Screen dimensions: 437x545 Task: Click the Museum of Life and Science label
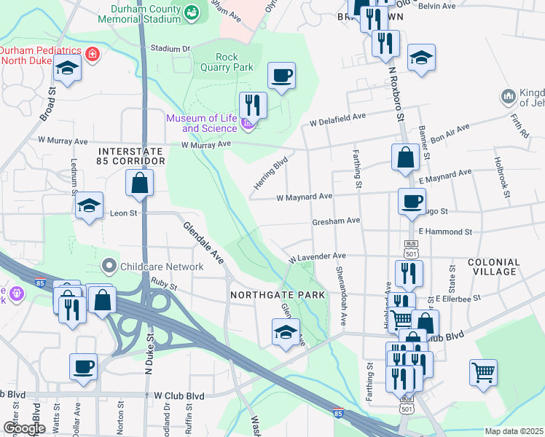click(x=202, y=123)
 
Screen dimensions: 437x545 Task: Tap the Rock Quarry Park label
click(x=234, y=62)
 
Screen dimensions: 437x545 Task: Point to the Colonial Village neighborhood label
click(x=494, y=267)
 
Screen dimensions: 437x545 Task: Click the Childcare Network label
click(x=162, y=267)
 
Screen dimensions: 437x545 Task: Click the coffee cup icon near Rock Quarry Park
click(x=281, y=74)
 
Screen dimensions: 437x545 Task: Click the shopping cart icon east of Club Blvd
click(x=483, y=372)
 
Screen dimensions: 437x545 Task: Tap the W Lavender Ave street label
click(x=317, y=257)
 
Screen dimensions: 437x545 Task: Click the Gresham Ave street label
click(x=336, y=220)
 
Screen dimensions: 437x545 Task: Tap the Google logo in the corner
click(x=24, y=428)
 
